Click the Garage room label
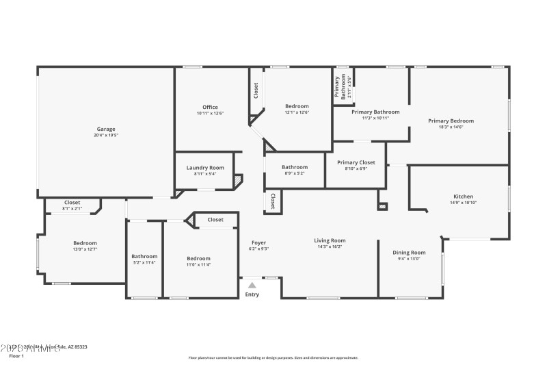pyautogui.click(x=105, y=129)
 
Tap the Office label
pyautogui.click(x=210, y=107)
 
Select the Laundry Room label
pyautogui.click(x=205, y=168)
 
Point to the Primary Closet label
pyautogui.click(x=356, y=162)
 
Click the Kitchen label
pyautogui.click(x=463, y=197)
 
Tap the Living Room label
pyautogui.click(x=330, y=240)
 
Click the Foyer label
pyautogui.click(x=258, y=242)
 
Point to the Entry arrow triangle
pyautogui.click(x=252, y=285)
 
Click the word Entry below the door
pyautogui.click(x=252, y=294)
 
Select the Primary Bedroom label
pyautogui.click(x=451, y=121)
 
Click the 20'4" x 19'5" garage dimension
pyautogui.click(x=106, y=136)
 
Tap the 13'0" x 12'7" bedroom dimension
pyautogui.click(x=85, y=249)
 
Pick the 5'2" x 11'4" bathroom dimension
pyautogui.click(x=144, y=262)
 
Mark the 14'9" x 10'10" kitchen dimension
pyautogui.click(x=463, y=203)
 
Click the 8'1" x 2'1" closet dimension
pyautogui.click(x=72, y=208)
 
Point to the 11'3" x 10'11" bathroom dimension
pyautogui.click(x=375, y=118)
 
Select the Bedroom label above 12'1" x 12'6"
pyautogui.click(x=297, y=106)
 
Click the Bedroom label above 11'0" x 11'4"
pyautogui.click(x=199, y=258)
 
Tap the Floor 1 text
pyautogui.click(x=16, y=356)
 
